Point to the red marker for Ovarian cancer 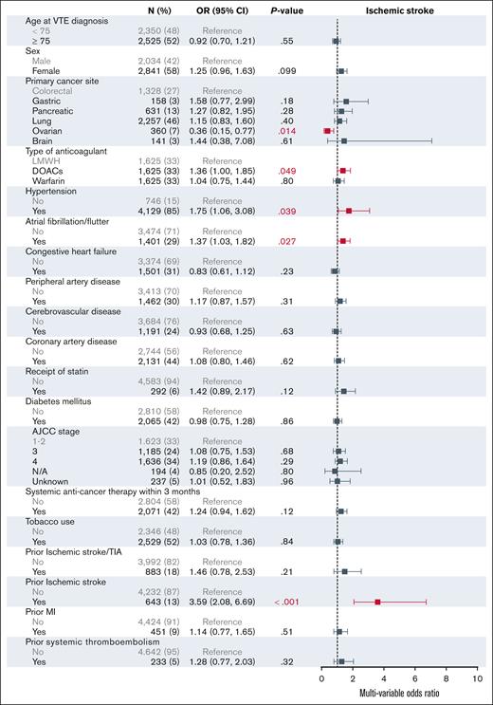click(x=327, y=130)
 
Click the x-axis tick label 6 click(x=414, y=679)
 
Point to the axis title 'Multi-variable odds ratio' click(x=398, y=695)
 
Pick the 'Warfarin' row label click(x=36, y=180)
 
